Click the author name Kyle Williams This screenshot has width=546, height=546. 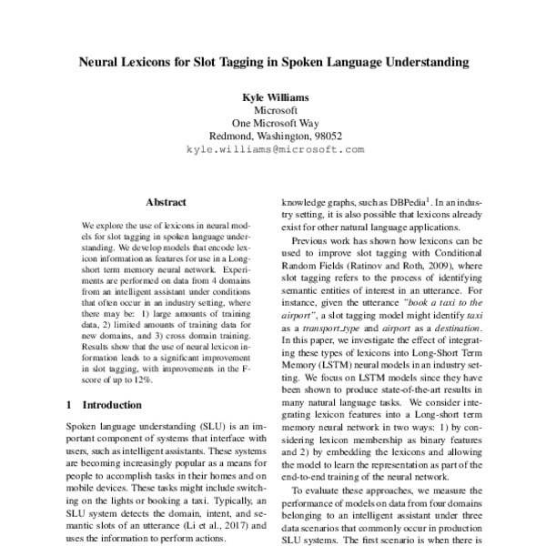point(274,96)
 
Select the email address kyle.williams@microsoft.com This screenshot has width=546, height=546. point(274,147)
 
